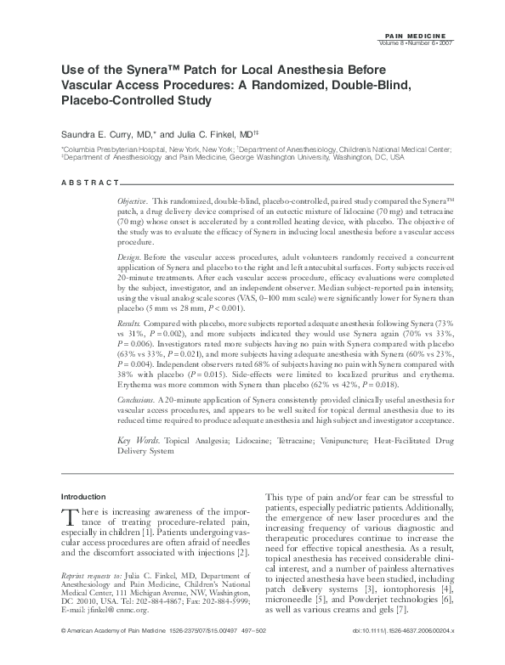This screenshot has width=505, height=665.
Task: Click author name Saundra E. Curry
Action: pos(100,133)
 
